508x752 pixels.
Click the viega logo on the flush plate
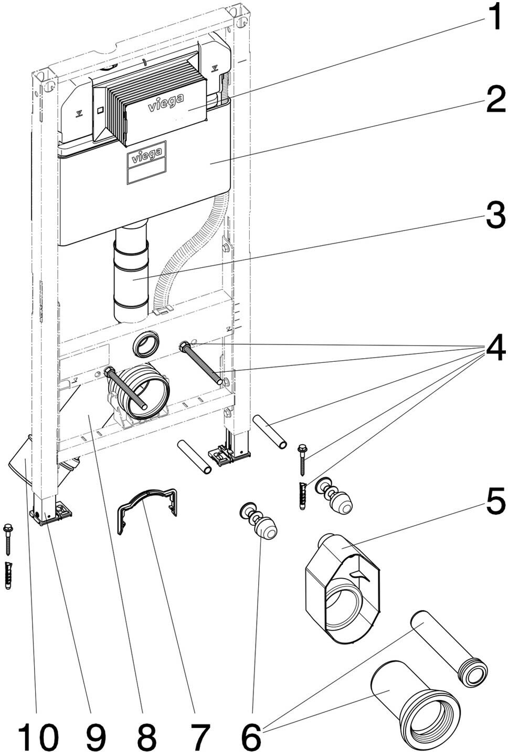coord(165,104)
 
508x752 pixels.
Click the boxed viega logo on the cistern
coord(145,156)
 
